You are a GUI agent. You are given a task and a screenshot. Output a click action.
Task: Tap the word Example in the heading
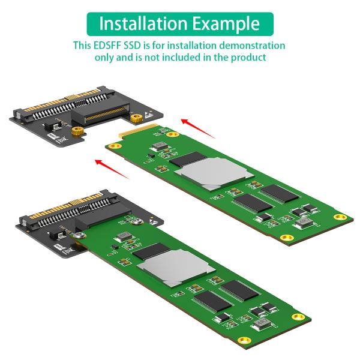[227, 24]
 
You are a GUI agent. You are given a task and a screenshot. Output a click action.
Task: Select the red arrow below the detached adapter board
[112, 169]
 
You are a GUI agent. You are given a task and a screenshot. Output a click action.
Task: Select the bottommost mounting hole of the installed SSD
[243, 340]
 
